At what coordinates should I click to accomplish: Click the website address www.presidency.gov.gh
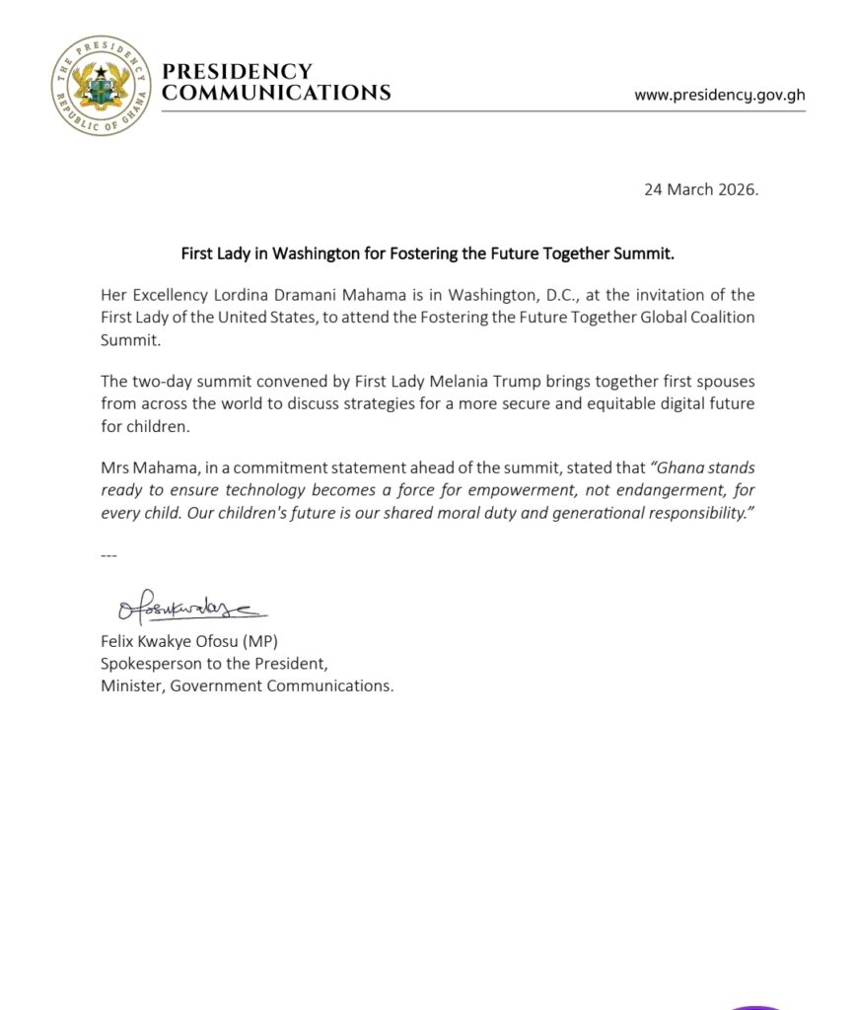click(719, 96)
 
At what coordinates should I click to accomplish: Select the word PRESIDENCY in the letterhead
click(236, 72)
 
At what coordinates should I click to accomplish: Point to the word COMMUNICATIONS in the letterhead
click(275, 94)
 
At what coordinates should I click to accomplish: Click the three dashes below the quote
click(108, 555)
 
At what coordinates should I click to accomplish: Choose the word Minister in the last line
click(131, 686)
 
